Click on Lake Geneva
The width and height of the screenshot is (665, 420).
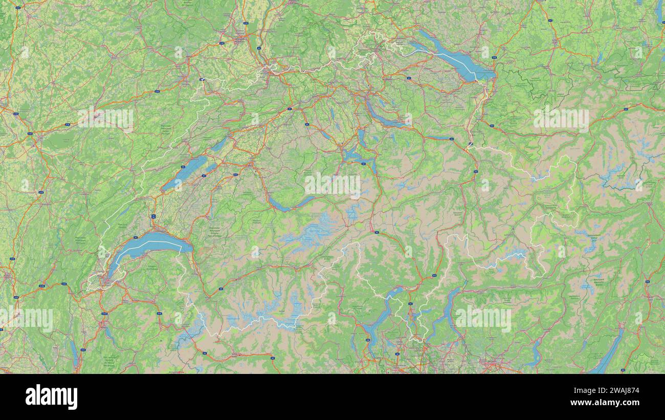click(148, 242)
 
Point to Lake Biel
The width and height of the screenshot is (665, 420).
click(219, 145)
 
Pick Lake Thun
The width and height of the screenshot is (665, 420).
click(279, 206)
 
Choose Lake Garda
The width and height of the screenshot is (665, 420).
click(609, 353)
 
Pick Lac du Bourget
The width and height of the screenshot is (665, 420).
click(75, 353)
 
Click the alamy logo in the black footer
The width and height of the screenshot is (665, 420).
click(51, 397)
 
